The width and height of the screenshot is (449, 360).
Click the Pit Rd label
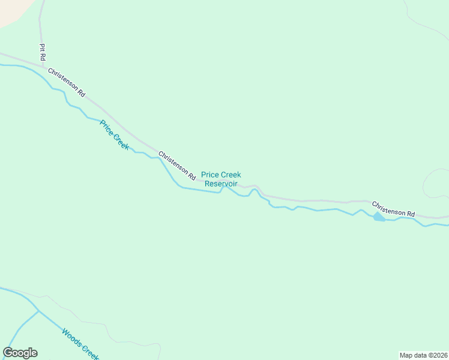coord(42,53)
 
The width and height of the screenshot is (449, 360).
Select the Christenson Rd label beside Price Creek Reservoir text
coord(177,166)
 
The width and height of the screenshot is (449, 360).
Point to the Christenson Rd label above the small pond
coord(393,209)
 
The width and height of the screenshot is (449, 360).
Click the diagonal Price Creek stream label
coord(115,135)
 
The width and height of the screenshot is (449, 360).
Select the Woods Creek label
coord(80,343)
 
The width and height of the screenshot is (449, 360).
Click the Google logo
coord(20,353)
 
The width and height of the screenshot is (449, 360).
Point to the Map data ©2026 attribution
coord(423,355)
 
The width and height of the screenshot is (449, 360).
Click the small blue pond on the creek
coord(379,217)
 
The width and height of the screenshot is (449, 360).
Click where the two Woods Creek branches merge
coord(39,311)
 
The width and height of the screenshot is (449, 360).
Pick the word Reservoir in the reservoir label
coord(221,184)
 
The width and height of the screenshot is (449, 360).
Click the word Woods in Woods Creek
coord(71,336)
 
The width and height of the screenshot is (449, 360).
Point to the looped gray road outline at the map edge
coord(436,183)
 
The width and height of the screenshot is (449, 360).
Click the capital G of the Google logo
coord(8,353)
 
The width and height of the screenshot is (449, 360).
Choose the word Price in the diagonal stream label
coord(107,127)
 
